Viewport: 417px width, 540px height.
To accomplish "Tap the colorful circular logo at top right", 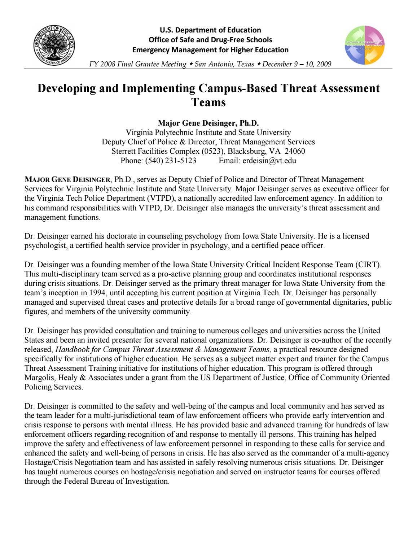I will [x=365, y=45].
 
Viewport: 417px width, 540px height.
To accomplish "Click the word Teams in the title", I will [x=208, y=102].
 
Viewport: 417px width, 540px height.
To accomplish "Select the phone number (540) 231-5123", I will [x=171, y=161].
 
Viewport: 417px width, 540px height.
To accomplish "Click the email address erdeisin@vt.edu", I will [x=269, y=161].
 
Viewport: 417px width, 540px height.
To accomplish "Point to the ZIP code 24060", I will [x=295, y=151].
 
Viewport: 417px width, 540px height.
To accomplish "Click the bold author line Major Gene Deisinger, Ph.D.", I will [x=208, y=123].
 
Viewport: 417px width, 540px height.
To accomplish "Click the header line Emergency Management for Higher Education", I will [x=210, y=50].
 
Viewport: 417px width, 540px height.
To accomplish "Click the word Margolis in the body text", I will [x=39, y=378].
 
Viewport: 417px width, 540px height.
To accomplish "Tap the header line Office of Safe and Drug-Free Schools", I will [x=210, y=40].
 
